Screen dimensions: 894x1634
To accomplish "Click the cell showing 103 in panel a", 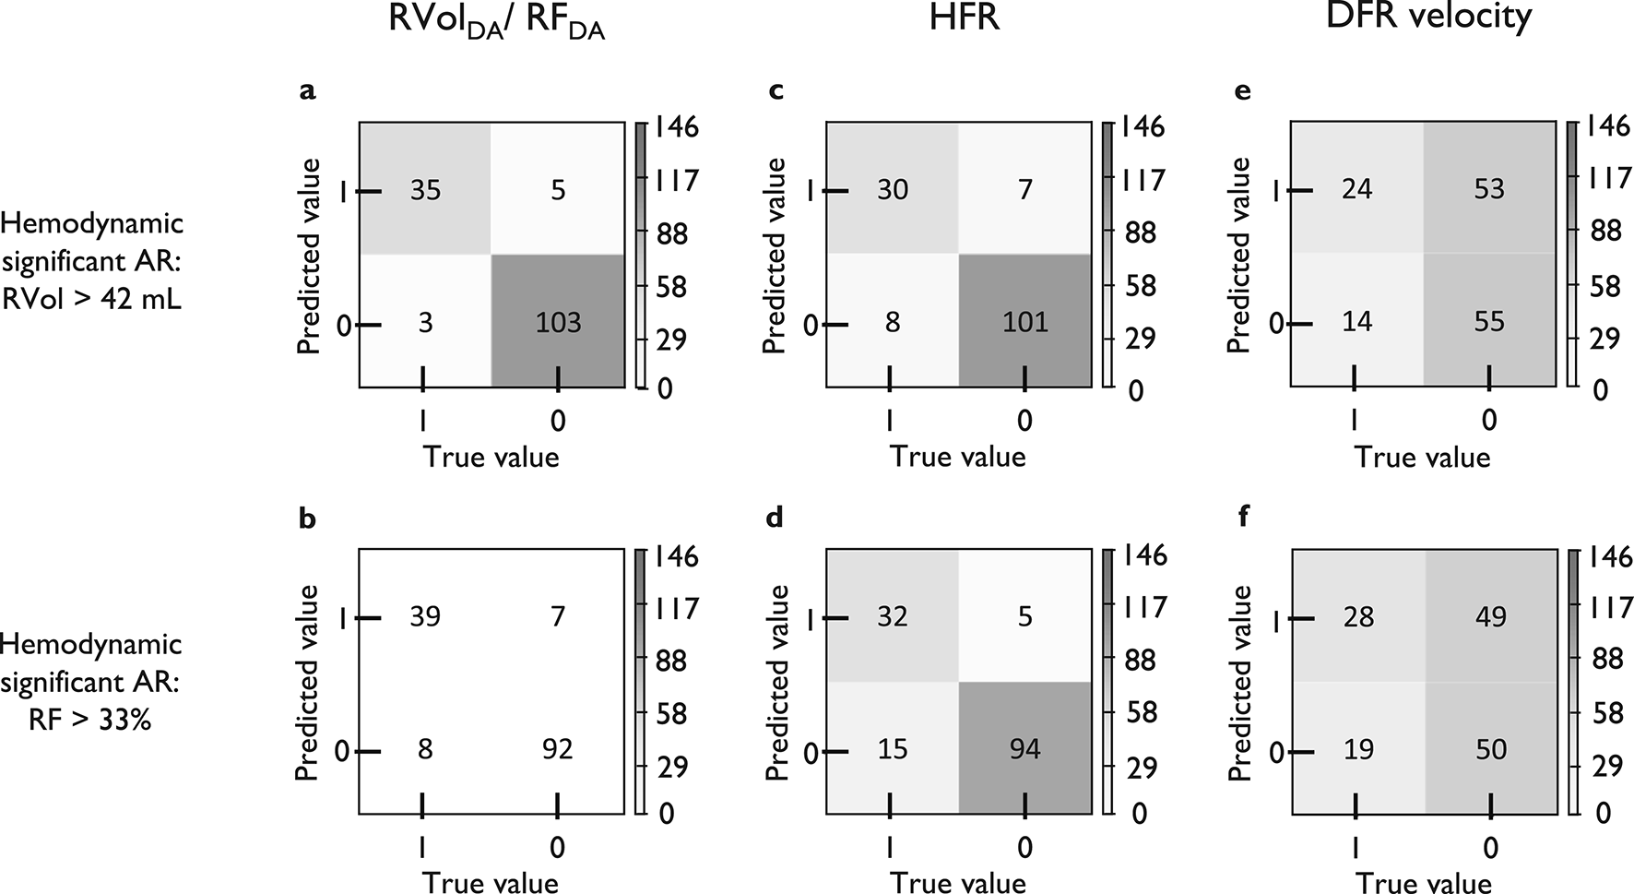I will (x=558, y=322).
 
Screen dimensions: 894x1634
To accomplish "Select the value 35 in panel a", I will (x=425, y=190).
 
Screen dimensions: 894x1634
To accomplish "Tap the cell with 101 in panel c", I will (x=1024, y=322).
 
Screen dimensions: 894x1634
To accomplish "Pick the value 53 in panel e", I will (x=1489, y=189).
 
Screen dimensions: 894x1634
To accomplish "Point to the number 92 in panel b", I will (x=557, y=748).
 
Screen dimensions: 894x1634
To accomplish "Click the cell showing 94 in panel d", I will (x=1024, y=748).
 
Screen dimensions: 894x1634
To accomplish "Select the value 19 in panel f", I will (x=1357, y=748).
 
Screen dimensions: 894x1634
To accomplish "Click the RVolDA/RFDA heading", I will (x=497, y=22).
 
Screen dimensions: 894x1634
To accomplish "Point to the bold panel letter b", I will (x=308, y=519).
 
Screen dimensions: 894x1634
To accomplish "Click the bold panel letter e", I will (x=1242, y=91).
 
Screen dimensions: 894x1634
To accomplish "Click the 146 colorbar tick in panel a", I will (x=675, y=126).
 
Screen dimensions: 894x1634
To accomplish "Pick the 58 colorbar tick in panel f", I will (x=1606, y=712).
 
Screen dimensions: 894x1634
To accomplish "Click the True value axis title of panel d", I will (x=957, y=882).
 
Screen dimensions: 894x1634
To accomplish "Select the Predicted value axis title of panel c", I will (x=776, y=256).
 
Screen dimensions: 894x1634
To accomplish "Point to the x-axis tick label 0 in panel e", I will (x=1489, y=421).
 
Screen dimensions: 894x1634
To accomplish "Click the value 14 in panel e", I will (x=1357, y=322).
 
